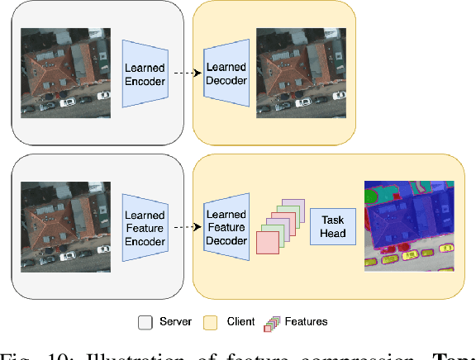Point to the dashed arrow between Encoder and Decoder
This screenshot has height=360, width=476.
[x=188, y=73]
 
